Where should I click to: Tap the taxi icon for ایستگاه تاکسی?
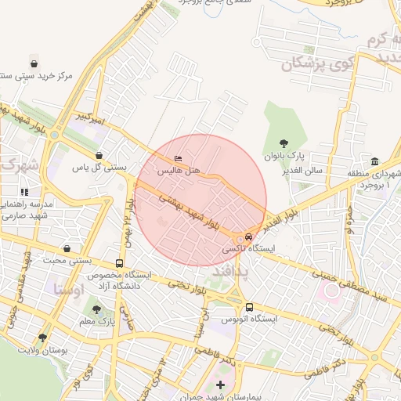[248, 236]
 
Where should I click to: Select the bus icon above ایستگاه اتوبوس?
[249, 307]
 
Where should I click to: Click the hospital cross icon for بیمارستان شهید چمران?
[220, 385]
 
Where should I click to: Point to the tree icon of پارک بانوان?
[284, 143]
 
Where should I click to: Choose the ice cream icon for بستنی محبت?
[67, 248]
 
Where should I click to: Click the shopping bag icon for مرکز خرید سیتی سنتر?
[34, 63]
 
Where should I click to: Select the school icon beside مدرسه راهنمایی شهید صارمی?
[24, 192]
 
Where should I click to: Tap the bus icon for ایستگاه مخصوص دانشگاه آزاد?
[119, 264]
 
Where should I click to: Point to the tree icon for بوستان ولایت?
[42, 337]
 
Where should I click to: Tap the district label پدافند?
[230, 273]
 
